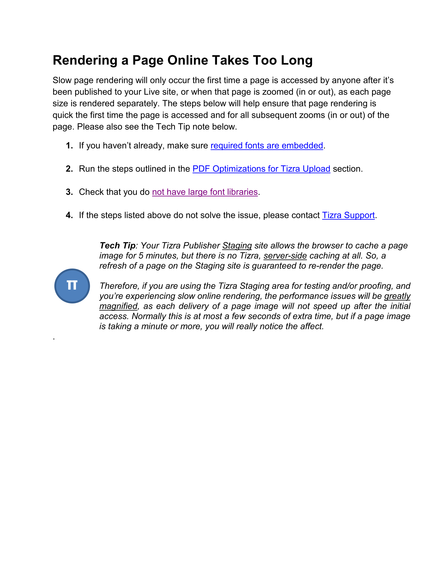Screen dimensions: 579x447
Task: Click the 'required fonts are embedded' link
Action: tap(267, 145)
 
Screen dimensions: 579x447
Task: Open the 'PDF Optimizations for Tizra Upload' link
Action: tap(261, 169)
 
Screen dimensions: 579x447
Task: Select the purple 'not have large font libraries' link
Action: tap(205, 192)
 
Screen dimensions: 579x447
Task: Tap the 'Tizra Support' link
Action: tap(348, 215)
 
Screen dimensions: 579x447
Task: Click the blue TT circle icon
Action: tap(72, 286)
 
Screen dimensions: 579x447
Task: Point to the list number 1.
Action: tap(69, 145)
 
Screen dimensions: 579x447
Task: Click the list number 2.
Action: tap(69, 169)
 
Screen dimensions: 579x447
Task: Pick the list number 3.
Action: tap(69, 192)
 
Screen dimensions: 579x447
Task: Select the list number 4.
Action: tap(69, 215)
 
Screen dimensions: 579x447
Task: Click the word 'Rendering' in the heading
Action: tap(85, 60)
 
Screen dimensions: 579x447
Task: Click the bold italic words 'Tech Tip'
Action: tap(117, 245)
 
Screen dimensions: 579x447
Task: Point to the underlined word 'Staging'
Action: tap(237, 245)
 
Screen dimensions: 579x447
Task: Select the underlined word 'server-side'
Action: tap(285, 256)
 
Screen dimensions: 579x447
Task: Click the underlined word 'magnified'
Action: tap(118, 306)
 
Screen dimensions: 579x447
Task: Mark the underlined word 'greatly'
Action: tap(397, 296)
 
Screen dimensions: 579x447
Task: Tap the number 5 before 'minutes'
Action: tap(141, 256)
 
